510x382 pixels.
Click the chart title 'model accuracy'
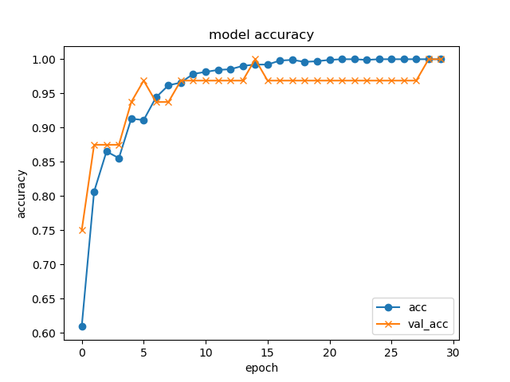coord(261,35)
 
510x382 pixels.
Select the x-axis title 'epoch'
coord(261,368)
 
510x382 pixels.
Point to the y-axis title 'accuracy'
coord(22,193)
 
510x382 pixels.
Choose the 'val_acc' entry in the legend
coord(427,323)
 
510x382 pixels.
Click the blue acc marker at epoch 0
coord(82,326)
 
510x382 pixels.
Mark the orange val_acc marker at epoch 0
coord(82,230)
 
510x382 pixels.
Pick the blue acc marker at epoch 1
coord(94,192)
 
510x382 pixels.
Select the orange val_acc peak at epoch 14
coord(255,60)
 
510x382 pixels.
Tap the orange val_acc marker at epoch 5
coord(143,80)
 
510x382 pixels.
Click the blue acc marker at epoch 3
coord(119,158)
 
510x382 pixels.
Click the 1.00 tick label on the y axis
coord(45,60)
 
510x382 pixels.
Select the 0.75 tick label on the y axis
coord(45,231)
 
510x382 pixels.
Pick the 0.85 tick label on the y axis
coord(45,162)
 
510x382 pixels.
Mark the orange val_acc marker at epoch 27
coord(416,80)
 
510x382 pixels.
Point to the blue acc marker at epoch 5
coord(143,120)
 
